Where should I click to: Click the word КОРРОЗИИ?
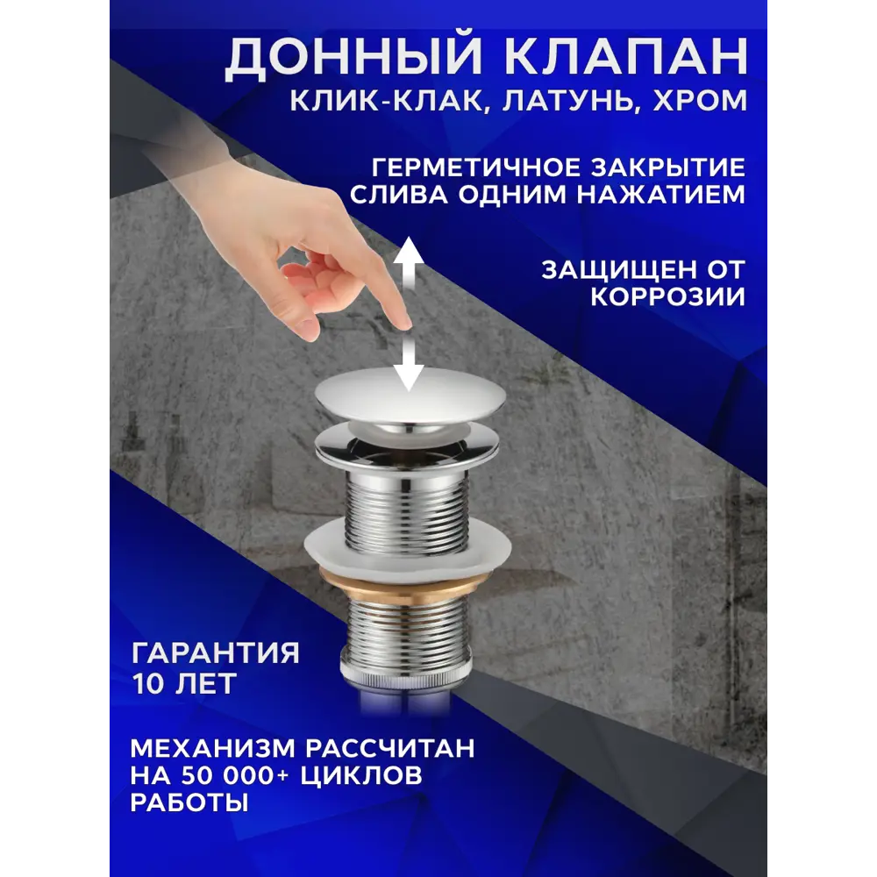667,296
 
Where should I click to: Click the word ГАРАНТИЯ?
215,652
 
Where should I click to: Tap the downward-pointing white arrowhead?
408,377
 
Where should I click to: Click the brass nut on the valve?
404,580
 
